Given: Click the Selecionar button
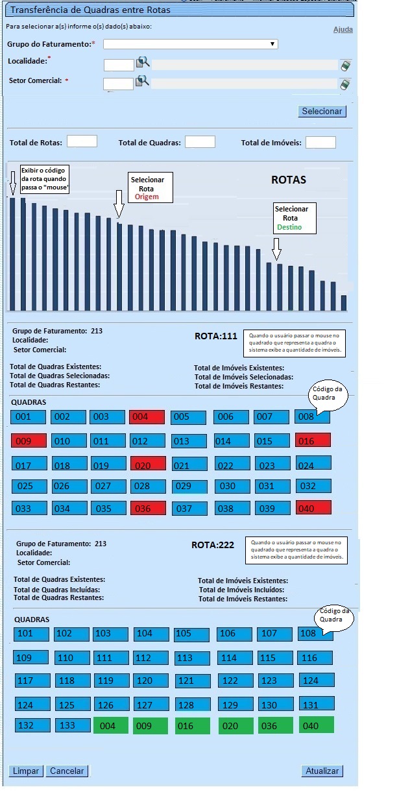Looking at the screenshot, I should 322,112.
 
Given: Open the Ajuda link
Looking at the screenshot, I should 343,30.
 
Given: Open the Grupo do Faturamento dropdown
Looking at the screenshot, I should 191,44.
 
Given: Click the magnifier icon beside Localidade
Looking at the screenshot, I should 143,63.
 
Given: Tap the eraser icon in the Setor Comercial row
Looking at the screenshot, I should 345,84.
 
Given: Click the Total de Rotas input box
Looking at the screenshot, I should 82,142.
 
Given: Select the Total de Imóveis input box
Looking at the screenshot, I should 320,143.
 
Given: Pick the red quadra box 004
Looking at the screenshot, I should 147,417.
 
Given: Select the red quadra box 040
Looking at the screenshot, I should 313,508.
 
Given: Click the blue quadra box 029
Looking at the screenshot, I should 189,486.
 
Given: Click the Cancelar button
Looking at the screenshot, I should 67,771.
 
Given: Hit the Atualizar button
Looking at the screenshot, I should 322,771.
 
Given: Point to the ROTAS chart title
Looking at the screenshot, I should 288,180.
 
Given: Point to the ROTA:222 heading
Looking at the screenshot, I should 213,545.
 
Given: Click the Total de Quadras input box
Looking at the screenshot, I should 200,142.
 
